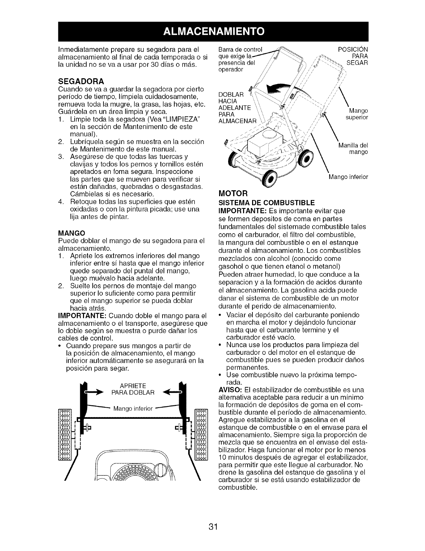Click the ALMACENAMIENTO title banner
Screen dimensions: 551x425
[212, 31]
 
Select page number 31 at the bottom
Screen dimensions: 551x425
[213, 526]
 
